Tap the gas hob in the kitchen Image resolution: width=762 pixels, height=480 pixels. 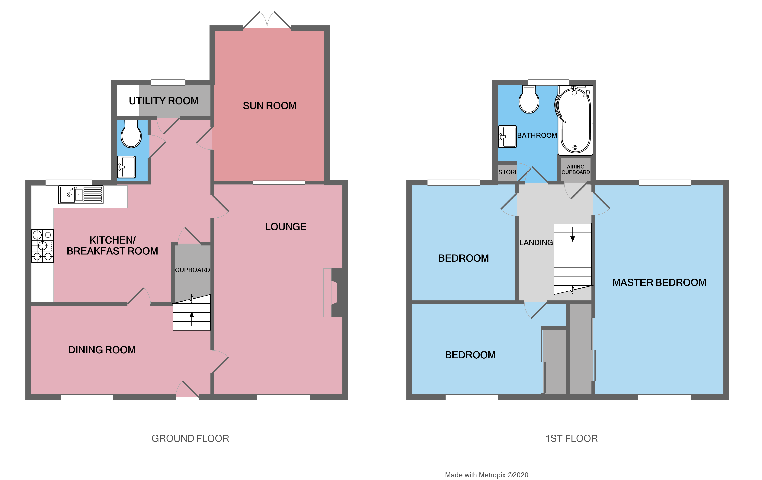tap(42, 245)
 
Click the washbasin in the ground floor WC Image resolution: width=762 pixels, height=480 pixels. tap(126, 167)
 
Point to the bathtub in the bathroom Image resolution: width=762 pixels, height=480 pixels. tap(575, 120)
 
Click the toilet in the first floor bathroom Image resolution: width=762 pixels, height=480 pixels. tap(529, 100)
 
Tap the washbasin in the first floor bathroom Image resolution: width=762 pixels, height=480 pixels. tap(507, 137)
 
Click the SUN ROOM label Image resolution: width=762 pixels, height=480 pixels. tap(270, 106)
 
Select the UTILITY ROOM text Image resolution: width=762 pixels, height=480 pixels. tap(164, 101)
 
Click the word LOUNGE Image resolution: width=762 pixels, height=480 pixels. tap(285, 227)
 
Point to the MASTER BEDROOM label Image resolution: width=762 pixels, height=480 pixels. tap(659, 283)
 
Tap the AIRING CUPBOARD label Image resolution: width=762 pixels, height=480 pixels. tap(576, 169)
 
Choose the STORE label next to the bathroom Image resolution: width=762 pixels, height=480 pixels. tap(508, 172)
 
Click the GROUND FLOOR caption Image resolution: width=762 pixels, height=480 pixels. tap(190, 439)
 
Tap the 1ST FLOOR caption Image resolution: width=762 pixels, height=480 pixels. tap(571, 439)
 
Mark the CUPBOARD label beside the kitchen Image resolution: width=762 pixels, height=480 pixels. tap(192, 270)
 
